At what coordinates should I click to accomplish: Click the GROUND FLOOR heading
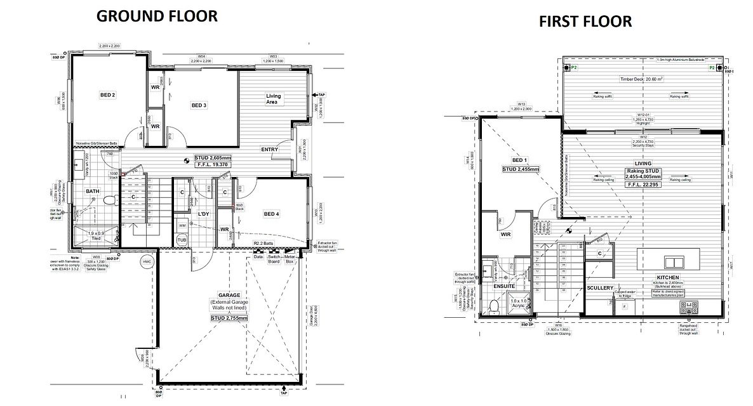[156, 16]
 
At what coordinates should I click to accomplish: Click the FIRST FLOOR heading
[585, 22]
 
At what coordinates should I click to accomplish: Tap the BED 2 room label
[107, 95]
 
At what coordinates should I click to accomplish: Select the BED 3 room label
[199, 105]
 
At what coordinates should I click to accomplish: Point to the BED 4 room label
[271, 214]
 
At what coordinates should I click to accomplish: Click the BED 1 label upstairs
[520, 160]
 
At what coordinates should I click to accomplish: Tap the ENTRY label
[271, 149]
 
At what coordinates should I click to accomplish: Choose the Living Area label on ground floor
[274, 99]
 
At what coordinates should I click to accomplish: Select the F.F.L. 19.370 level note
[203, 164]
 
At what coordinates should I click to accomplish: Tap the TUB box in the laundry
[182, 240]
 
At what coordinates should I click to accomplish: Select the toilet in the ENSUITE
[495, 307]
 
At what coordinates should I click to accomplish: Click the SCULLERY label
[600, 288]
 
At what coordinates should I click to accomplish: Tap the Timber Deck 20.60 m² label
[641, 80]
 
